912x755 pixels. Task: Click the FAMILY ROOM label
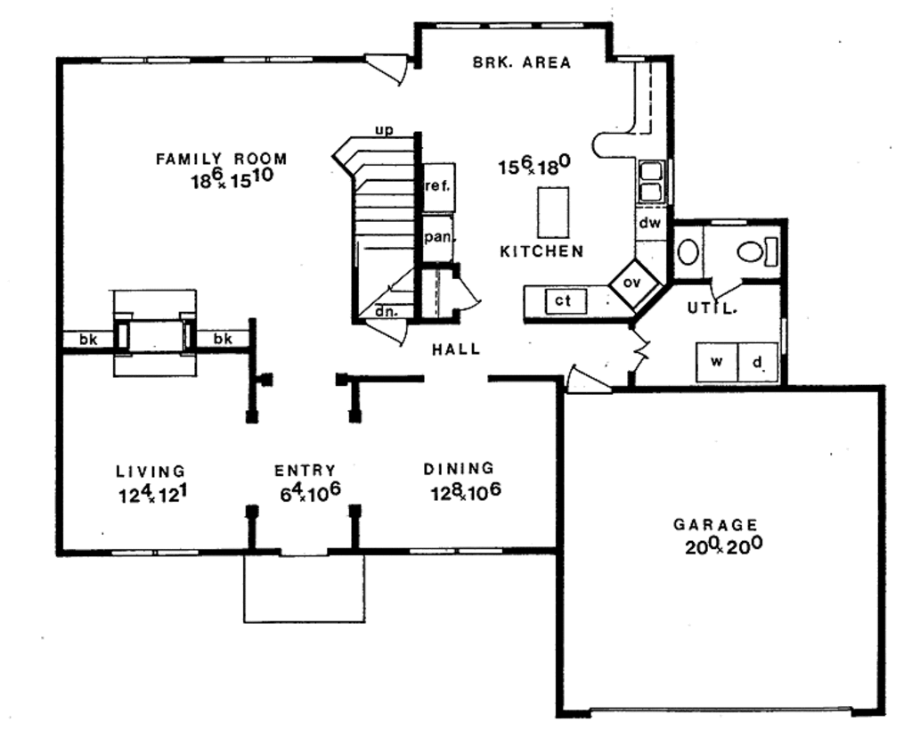coord(222,160)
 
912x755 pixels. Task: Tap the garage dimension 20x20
coord(722,546)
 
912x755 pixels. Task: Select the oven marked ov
coord(632,283)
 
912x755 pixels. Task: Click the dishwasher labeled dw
coord(649,224)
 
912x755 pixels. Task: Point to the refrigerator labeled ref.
coord(438,187)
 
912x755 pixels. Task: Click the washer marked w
coord(716,363)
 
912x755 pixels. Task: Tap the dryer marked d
coord(758,363)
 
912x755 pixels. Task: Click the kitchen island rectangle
coord(552,211)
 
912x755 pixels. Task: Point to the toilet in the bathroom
coord(755,251)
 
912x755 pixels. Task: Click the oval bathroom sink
coord(688,251)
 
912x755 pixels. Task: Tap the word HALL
coord(456,349)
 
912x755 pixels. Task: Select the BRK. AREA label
coord(521,62)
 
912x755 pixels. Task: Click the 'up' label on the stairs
coord(384,131)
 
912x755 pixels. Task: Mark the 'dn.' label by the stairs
coord(386,312)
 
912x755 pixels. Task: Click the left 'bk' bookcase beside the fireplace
coord(87,339)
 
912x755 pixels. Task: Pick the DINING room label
coord(458,469)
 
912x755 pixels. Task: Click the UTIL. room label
coord(712,308)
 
